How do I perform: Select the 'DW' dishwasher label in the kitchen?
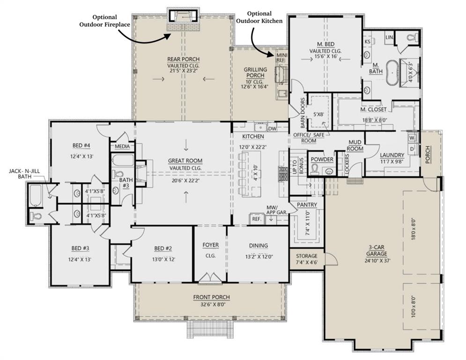pos(273,127)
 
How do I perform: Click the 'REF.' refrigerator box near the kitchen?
pos(256,219)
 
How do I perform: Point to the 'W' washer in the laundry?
pos(412,138)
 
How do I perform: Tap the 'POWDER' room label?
pos(322,159)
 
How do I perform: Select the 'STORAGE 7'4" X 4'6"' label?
pos(307,259)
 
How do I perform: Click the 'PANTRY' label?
pos(307,205)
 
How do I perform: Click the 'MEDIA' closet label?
pos(122,147)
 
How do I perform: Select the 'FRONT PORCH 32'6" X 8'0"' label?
pos(212,300)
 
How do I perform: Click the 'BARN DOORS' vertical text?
pos(303,113)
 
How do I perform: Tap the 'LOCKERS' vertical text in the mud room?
pos(347,165)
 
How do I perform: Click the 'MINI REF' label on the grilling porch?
pos(281,57)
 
